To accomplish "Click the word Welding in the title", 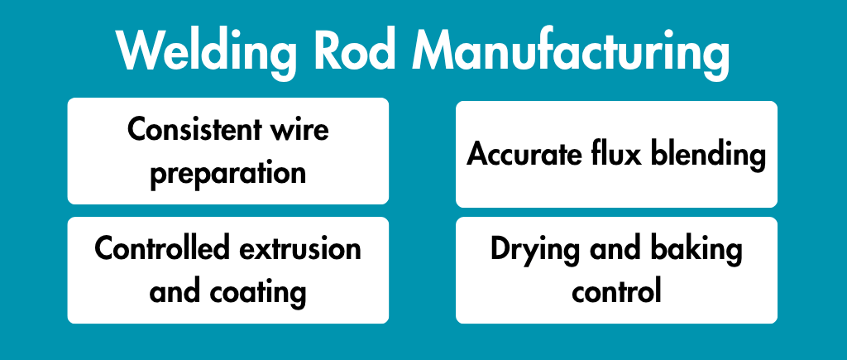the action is pyautogui.click(x=206, y=52).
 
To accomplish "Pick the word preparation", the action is pyautogui.click(x=228, y=174).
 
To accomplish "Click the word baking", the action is pyautogui.click(x=692, y=250).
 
